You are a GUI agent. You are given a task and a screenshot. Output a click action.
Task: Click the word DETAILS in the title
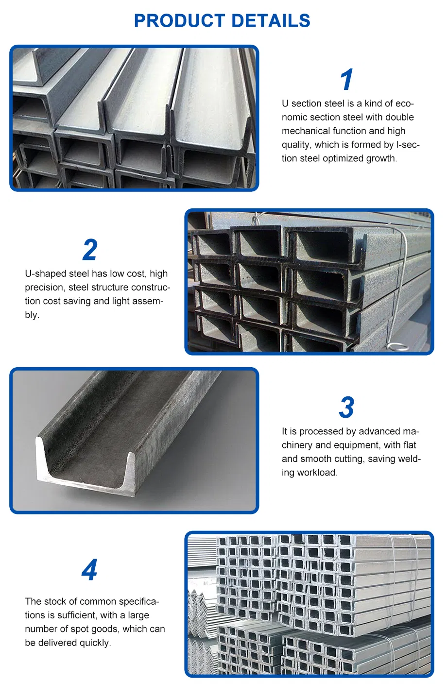271,21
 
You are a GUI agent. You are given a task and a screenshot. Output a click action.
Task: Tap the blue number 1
346,80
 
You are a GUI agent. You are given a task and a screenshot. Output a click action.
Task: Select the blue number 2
90,250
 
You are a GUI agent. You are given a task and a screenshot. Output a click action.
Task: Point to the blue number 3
346,408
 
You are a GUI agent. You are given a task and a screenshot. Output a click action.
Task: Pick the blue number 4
89,570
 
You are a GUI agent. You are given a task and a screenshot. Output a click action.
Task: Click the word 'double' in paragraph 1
399,118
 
